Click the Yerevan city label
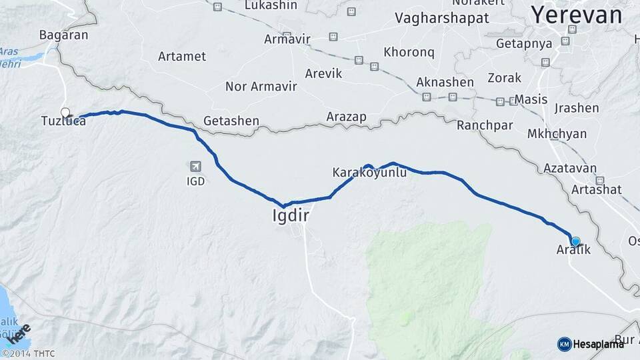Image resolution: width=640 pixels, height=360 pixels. pyautogui.click(x=577, y=15)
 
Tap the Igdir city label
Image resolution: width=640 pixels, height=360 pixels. pyautogui.click(x=291, y=215)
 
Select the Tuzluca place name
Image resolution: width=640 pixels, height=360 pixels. pyautogui.click(x=63, y=121)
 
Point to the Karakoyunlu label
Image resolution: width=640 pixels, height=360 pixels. pyautogui.click(x=369, y=173)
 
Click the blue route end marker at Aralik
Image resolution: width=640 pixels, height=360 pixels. pyautogui.click(x=575, y=242)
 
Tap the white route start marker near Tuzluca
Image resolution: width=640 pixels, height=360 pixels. pyautogui.click(x=65, y=112)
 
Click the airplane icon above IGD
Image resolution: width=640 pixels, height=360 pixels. pyautogui.click(x=195, y=167)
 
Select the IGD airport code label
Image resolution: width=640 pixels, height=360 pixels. pyautogui.click(x=195, y=181)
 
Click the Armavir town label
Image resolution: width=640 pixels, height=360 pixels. pyautogui.click(x=287, y=39)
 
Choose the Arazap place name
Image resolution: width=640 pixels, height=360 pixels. pyautogui.click(x=346, y=117)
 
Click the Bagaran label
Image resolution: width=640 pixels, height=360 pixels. pyautogui.click(x=63, y=35)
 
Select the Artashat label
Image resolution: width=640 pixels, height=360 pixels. pyautogui.click(x=596, y=189)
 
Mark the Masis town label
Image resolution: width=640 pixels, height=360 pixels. pyautogui.click(x=531, y=100)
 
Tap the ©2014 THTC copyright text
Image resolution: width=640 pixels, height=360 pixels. pyautogui.click(x=28, y=353)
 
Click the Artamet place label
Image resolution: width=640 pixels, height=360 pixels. pyautogui.click(x=182, y=56)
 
